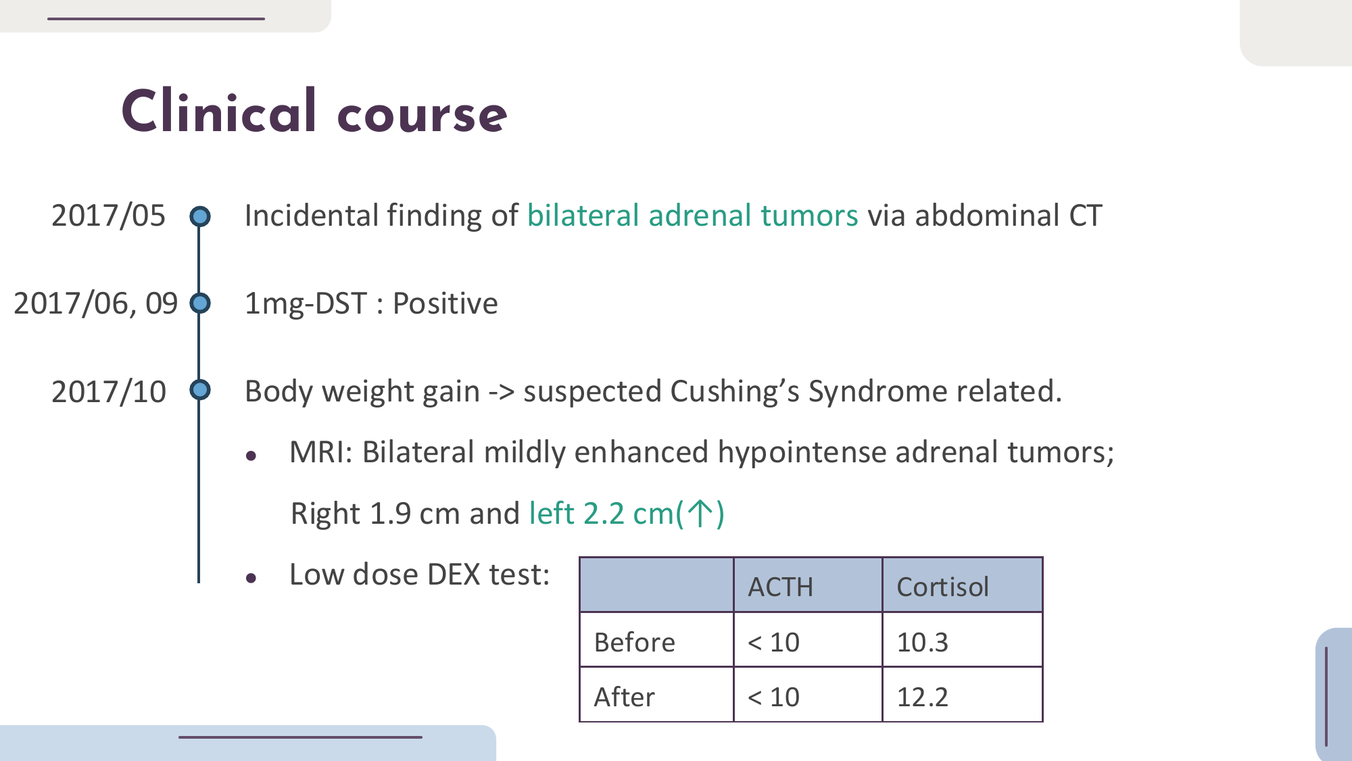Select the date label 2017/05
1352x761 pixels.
(x=108, y=216)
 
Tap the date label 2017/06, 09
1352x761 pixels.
(x=95, y=303)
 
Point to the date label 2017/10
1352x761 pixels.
(x=108, y=391)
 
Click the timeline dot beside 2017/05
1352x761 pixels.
(x=199, y=216)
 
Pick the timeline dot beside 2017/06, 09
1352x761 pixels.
(x=199, y=303)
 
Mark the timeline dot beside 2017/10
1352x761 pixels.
(x=199, y=390)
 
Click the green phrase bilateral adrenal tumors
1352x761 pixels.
(x=692, y=216)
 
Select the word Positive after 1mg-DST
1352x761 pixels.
(x=445, y=303)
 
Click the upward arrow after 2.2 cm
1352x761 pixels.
(x=700, y=514)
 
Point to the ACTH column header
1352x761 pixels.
(x=780, y=587)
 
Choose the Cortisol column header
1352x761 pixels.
(x=942, y=587)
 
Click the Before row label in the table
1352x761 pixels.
(x=634, y=642)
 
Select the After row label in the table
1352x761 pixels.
(x=624, y=697)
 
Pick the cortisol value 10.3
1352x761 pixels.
(x=922, y=642)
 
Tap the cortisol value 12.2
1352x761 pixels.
(x=922, y=697)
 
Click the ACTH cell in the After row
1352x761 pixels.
(x=773, y=697)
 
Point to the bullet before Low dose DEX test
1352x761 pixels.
(x=251, y=579)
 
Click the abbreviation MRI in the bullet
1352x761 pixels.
(x=321, y=452)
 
